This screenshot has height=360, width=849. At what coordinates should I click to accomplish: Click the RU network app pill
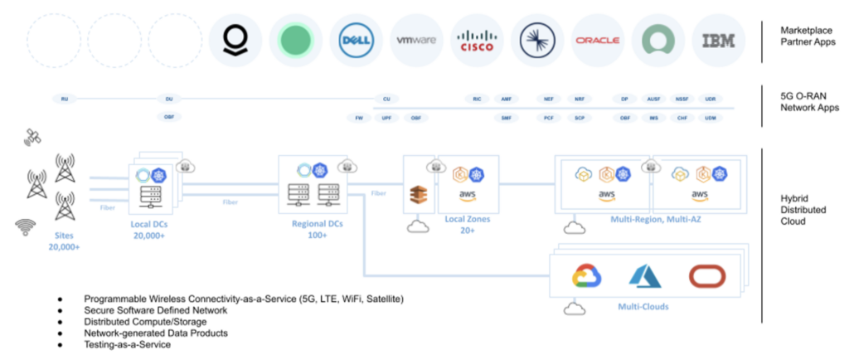click(x=65, y=99)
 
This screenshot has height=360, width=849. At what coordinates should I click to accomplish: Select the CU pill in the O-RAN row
click(x=386, y=99)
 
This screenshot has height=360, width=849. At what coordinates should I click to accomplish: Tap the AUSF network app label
click(x=654, y=99)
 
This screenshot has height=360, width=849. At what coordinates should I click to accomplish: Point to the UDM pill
click(x=711, y=118)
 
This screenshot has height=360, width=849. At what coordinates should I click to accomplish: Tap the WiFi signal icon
click(x=26, y=225)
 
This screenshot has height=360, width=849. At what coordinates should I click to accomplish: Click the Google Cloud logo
click(x=586, y=276)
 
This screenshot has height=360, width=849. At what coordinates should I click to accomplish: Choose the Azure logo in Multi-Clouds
click(x=644, y=276)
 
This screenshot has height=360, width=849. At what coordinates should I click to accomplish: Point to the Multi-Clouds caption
click(x=644, y=307)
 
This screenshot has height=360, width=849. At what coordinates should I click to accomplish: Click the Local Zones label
click(x=467, y=219)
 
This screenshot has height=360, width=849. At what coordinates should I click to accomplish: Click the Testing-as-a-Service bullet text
click(x=127, y=344)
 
